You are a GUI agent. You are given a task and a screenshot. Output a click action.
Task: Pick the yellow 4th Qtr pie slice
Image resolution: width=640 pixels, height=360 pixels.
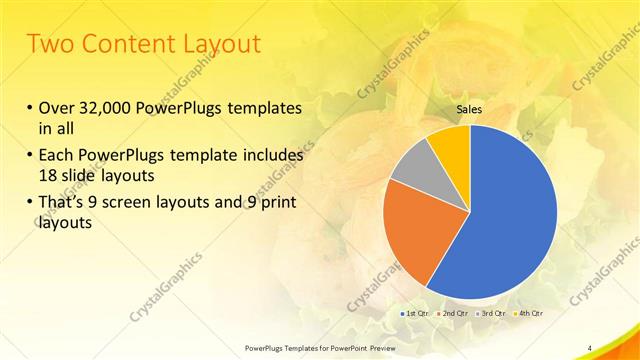tap(451, 145)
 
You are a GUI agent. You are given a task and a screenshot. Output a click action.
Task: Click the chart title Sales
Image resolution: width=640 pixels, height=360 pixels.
tap(469, 109)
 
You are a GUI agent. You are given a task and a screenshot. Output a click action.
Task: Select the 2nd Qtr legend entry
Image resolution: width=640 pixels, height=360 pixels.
tap(456, 314)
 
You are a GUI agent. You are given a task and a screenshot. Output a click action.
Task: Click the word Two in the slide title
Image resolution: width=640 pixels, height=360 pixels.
tap(48, 44)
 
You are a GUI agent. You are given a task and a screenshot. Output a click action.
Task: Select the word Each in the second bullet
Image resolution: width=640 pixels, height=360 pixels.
tap(56, 156)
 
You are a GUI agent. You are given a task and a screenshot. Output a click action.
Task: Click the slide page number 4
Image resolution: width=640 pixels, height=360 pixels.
tap(590, 347)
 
